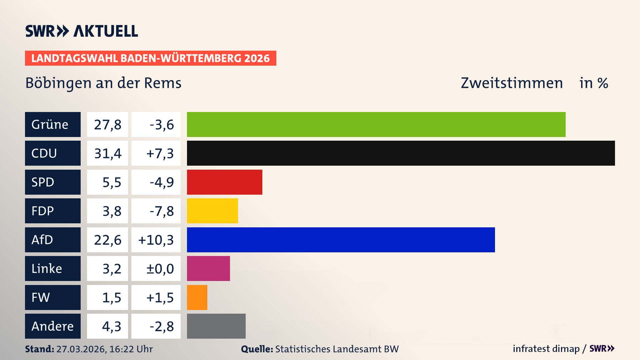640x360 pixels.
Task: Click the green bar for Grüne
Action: point(376,124)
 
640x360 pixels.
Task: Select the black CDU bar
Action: point(401,153)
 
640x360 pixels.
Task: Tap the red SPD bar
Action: point(224,182)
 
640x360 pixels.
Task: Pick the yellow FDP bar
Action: point(212,211)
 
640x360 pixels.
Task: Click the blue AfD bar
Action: point(341,240)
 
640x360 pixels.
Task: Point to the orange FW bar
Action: point(197,297)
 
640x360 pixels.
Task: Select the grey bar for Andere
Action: point(216,326)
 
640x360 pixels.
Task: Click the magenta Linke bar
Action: point(208,268)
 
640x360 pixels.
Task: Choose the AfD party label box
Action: point(53,240)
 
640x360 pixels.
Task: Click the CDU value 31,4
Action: point(107,153)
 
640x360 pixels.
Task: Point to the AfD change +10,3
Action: point(156,240)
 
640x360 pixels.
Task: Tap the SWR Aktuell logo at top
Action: point(81,31)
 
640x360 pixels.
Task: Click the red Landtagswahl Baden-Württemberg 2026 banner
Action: point(150,58)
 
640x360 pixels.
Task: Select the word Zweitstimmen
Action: point(512,83)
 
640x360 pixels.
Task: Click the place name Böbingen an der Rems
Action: point(103,83)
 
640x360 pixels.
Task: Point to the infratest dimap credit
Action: point(546,349)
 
